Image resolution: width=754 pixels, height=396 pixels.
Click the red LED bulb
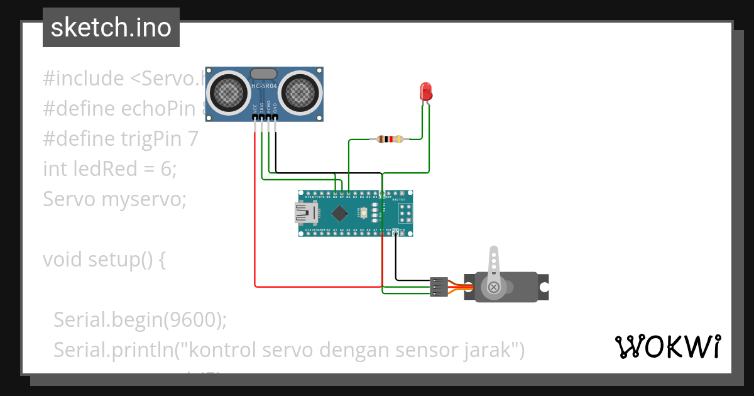point(427,92)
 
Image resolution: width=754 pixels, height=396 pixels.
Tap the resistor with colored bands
point(390,140)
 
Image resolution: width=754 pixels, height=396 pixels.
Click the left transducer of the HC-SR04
point(228,92)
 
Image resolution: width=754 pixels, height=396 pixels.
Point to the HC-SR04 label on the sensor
point(264,87)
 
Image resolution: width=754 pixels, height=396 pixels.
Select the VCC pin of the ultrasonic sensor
point(255,116)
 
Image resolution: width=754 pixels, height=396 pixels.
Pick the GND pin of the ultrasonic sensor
point(275,116)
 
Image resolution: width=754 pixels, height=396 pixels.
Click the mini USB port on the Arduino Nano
point(307,213)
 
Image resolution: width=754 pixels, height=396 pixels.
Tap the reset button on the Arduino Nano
point(363,214)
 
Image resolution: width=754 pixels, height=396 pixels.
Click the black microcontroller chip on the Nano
point(340,213)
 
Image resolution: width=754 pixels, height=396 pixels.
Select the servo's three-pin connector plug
point(439,287)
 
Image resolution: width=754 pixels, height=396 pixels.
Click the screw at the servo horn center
point(494,287)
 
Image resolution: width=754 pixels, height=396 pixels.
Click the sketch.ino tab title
point(111,28)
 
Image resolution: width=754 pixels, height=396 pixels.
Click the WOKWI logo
point(667,346)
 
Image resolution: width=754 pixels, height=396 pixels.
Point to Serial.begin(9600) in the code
point(139,319)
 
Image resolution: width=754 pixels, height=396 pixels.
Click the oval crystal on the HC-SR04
point(264,74)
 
